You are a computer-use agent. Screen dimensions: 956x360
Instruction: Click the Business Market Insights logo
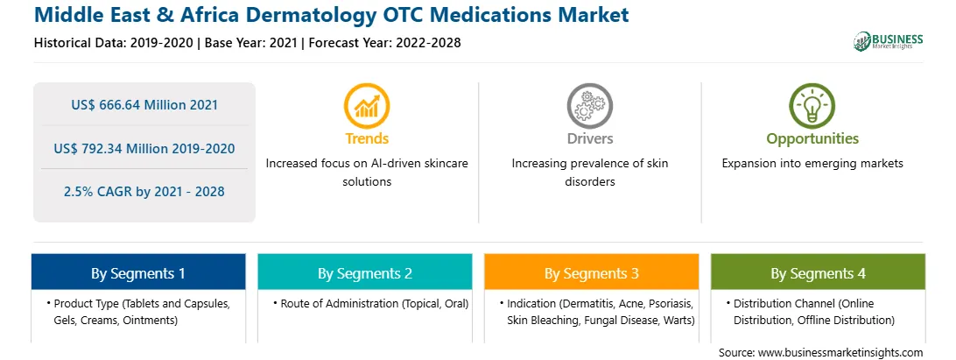click(889, 41)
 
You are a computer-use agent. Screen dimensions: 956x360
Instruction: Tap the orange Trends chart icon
click(367, 106)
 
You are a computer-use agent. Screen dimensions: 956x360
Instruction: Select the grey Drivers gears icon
click(589, 106)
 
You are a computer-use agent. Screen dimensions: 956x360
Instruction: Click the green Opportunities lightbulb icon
click(812, 106)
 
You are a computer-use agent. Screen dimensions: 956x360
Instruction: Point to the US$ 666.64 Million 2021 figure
click(144, 105)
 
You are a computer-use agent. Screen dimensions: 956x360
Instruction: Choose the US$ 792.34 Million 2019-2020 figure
click(144, 148)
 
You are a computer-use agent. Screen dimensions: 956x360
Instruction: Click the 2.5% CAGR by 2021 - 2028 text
click(144, 192)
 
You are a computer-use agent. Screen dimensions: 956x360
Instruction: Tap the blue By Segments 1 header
click(138, 272)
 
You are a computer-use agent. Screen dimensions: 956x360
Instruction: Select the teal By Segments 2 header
click(364, 272)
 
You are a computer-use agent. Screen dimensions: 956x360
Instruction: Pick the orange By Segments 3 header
click(592, 272)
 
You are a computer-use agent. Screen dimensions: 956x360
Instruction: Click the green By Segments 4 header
click(819, 272)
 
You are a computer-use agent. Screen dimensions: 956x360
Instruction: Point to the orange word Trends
click(367, 138)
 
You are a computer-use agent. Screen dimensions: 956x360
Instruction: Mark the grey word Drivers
click(589, 138)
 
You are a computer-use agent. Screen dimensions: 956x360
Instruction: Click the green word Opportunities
click(812, 139)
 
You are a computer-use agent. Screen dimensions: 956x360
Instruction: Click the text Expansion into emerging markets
click(812, 164)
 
